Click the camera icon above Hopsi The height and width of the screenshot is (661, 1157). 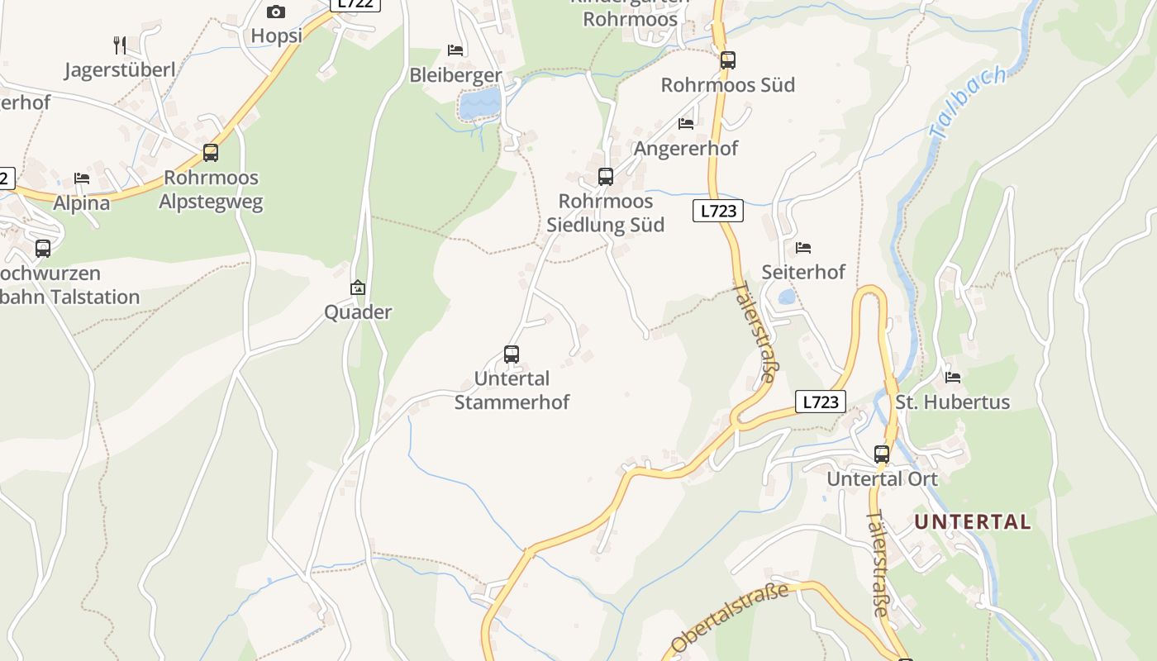click(276, 12)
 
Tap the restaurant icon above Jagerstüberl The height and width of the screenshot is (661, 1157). click(120, 45)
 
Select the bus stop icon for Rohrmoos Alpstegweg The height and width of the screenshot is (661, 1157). click(211, 153)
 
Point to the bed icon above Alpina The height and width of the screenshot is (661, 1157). click(81, 178)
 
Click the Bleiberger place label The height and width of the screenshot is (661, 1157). click(455, 75)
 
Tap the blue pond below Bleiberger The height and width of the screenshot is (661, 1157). click(480, 104)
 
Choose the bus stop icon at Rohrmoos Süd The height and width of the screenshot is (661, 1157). click(727, 59)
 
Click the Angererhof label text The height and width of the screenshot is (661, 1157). click(685, 148)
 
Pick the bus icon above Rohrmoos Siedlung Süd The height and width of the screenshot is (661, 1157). click(606, 176)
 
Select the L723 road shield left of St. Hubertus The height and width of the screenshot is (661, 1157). click(821, 402)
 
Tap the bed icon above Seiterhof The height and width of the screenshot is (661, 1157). click(802, 247)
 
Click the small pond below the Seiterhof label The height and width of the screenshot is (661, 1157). click(787, 297)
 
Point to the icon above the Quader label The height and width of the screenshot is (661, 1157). click(358, 288)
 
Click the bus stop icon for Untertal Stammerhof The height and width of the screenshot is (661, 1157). click(512, 354)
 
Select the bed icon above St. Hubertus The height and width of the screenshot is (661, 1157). click(953, 378)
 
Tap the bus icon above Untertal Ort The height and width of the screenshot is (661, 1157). click(882, 454)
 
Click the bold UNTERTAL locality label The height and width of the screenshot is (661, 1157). click(973, 522)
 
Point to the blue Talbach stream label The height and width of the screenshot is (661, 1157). click(968, 102)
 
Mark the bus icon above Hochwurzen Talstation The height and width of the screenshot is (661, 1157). click(43, 248)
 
